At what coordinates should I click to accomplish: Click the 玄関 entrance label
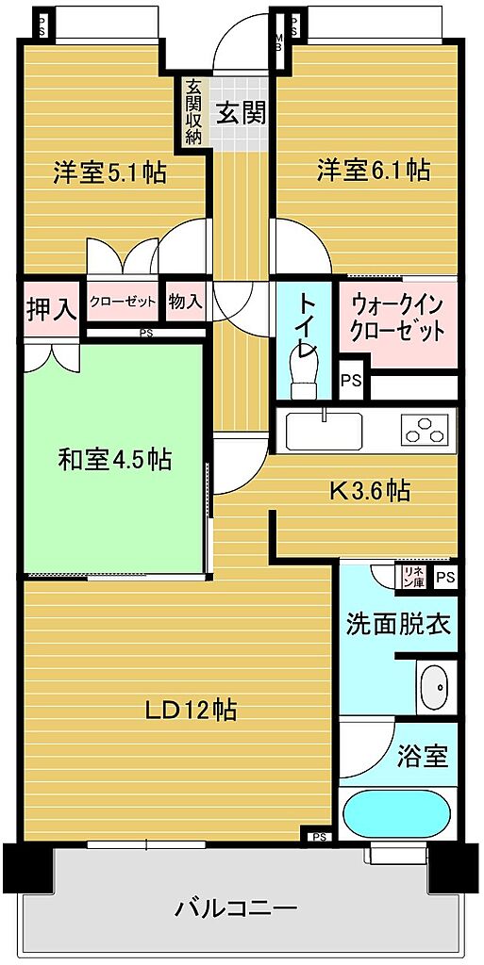(241, 113)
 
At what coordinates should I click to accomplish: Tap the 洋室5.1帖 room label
(109, 173)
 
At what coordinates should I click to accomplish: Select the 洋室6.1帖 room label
(374, 170)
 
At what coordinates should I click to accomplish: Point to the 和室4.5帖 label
(114, 459)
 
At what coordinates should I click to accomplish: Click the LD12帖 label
(191, 711)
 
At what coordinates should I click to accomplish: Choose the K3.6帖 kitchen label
(370, 490)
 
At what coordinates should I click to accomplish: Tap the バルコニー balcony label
(237, 908)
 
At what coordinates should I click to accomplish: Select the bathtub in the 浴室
(398, 813)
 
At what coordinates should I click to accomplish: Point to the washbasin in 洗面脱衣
(437, 687)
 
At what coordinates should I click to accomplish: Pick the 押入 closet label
(52, 309)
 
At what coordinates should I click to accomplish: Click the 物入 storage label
(185, 302)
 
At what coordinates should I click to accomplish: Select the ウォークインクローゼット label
(397, 318)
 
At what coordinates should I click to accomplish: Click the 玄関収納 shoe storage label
(193, 111)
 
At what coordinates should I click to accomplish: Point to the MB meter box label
(278, 44)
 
